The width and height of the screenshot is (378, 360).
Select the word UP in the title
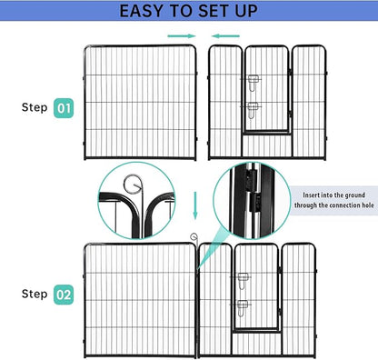click(246, 12)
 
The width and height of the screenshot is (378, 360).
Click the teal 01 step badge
click(63, 107)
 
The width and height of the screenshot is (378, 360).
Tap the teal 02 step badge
click(63, 295)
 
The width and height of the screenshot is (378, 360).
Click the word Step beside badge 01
click(35, 107)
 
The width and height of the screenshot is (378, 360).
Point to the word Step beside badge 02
click(35, 295)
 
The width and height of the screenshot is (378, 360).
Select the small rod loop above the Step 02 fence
click(194, 238)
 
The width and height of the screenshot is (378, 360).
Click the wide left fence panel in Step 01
click(142, 100)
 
